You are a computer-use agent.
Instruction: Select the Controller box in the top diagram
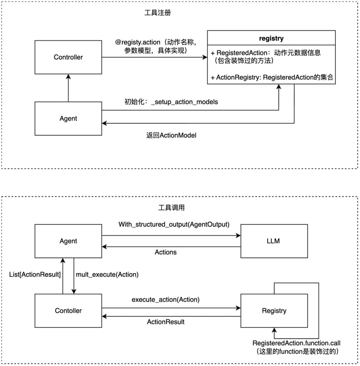tap(68, 57)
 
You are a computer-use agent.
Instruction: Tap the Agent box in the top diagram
tap(68, 118)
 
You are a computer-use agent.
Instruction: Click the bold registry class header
tap(271, 38)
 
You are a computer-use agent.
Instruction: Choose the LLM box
tap(274, 241)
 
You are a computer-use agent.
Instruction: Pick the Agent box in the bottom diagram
tap(68, 241)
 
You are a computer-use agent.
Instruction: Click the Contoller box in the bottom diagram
tap(68, 311)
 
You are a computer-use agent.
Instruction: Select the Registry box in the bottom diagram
tap(274, 311)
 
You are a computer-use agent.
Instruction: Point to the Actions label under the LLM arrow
tap(166, 252)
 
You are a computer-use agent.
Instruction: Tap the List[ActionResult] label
tap(35, 274)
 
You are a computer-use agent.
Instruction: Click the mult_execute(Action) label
tap(100, 274)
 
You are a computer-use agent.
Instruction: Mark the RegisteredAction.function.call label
tap(296, 343)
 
